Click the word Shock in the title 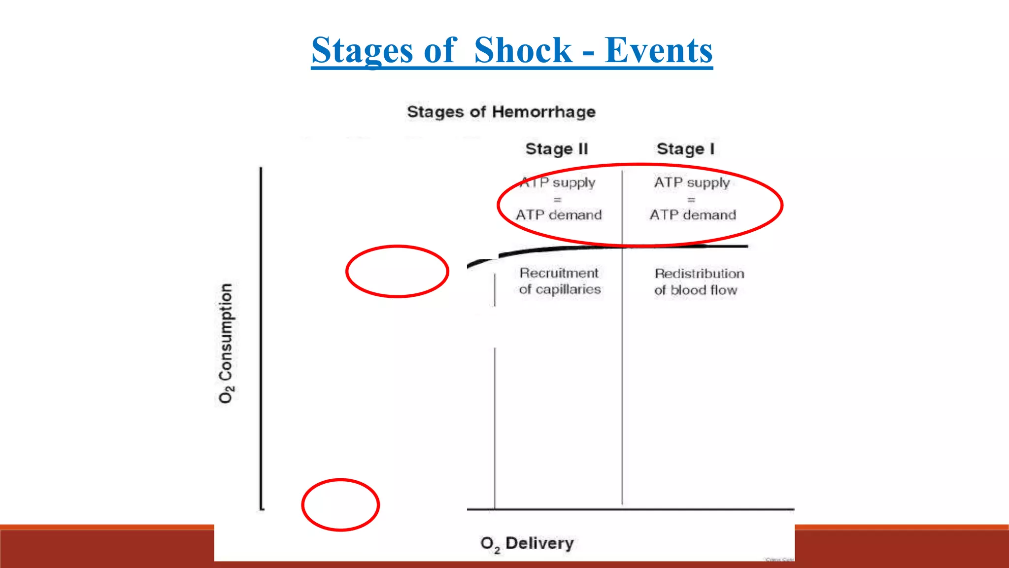coord(523,50)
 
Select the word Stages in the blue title coord(362,50)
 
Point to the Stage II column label coord(557,149)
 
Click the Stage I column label coord(685,149)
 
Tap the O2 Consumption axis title coord(226,343)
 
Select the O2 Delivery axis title coord(527,543)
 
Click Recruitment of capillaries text coord(560,281)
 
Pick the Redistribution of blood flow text coord(699,282)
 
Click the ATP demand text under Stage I coord(693,215)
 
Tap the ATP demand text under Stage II coord(559,215)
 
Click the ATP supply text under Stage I coord(692,182)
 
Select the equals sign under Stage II coord(557,200)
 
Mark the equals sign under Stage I coord(691,200)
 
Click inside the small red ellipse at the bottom coord(340,505)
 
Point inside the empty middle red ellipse coord(397,271)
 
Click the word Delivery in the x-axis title coord(539,543)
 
